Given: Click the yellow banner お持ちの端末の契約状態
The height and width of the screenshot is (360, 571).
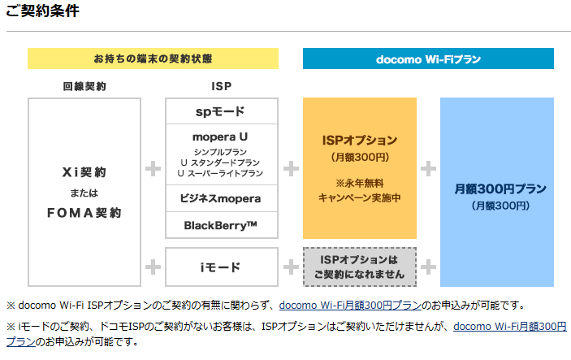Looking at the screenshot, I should (x=153, y=59).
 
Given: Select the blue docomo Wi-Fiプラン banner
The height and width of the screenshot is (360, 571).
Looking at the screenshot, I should (x=428, y=59).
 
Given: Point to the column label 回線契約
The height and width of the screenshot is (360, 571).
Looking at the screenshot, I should (x=84, y=85).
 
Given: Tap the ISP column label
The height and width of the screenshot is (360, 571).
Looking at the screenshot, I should (x=221, y=85).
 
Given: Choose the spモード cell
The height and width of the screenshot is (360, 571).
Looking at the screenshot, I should (x=220, y=111).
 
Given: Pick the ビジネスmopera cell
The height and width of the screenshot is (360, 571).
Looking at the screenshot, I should (x=221, y=198).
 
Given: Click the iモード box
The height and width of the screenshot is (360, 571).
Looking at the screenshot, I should (x=221, y=267).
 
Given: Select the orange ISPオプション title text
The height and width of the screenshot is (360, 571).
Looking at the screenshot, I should (x=360, y=140).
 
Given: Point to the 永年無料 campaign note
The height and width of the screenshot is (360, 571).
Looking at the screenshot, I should (x=360, y=183).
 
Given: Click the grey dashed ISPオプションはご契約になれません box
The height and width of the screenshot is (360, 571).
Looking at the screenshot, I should (x=360, y=267).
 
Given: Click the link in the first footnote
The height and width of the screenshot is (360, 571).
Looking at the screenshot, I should (x=350, y=306).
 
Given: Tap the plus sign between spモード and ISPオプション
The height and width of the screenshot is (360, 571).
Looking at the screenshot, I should (x=290, y=169).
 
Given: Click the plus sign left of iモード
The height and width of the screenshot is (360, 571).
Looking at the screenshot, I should (x=153, y=267).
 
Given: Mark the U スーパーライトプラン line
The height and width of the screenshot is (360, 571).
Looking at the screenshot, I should (x=221, y=173).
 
